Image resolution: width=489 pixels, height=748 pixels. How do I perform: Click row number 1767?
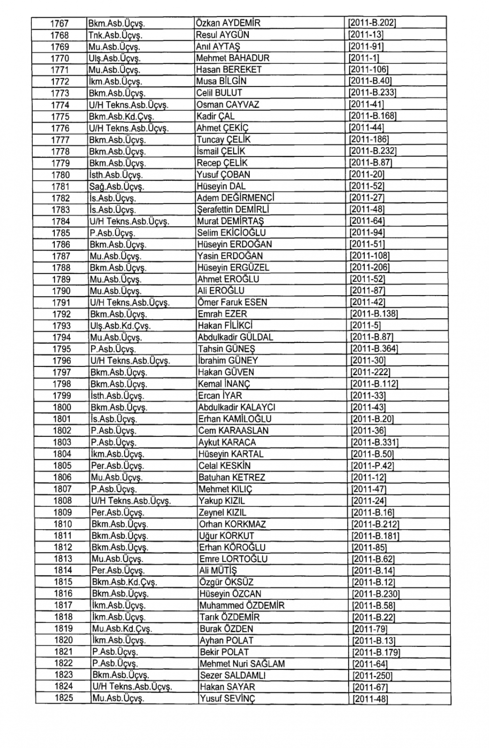59,23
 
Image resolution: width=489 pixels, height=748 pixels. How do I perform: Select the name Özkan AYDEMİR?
228,23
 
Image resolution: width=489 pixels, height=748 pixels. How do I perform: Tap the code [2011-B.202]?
371,23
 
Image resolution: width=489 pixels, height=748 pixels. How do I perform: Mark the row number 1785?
61,233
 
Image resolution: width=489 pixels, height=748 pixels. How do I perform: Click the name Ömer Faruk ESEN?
232,302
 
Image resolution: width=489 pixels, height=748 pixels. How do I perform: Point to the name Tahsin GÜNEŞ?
226,349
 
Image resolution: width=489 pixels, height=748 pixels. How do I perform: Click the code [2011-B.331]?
374,443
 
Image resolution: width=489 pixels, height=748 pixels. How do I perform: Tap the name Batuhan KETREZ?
232,477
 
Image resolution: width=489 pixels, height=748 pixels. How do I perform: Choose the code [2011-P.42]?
372,466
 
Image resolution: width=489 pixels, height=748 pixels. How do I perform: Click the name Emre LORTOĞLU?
233,559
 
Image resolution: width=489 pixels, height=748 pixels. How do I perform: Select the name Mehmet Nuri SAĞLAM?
242,664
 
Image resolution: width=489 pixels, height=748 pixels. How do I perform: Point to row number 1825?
63,698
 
